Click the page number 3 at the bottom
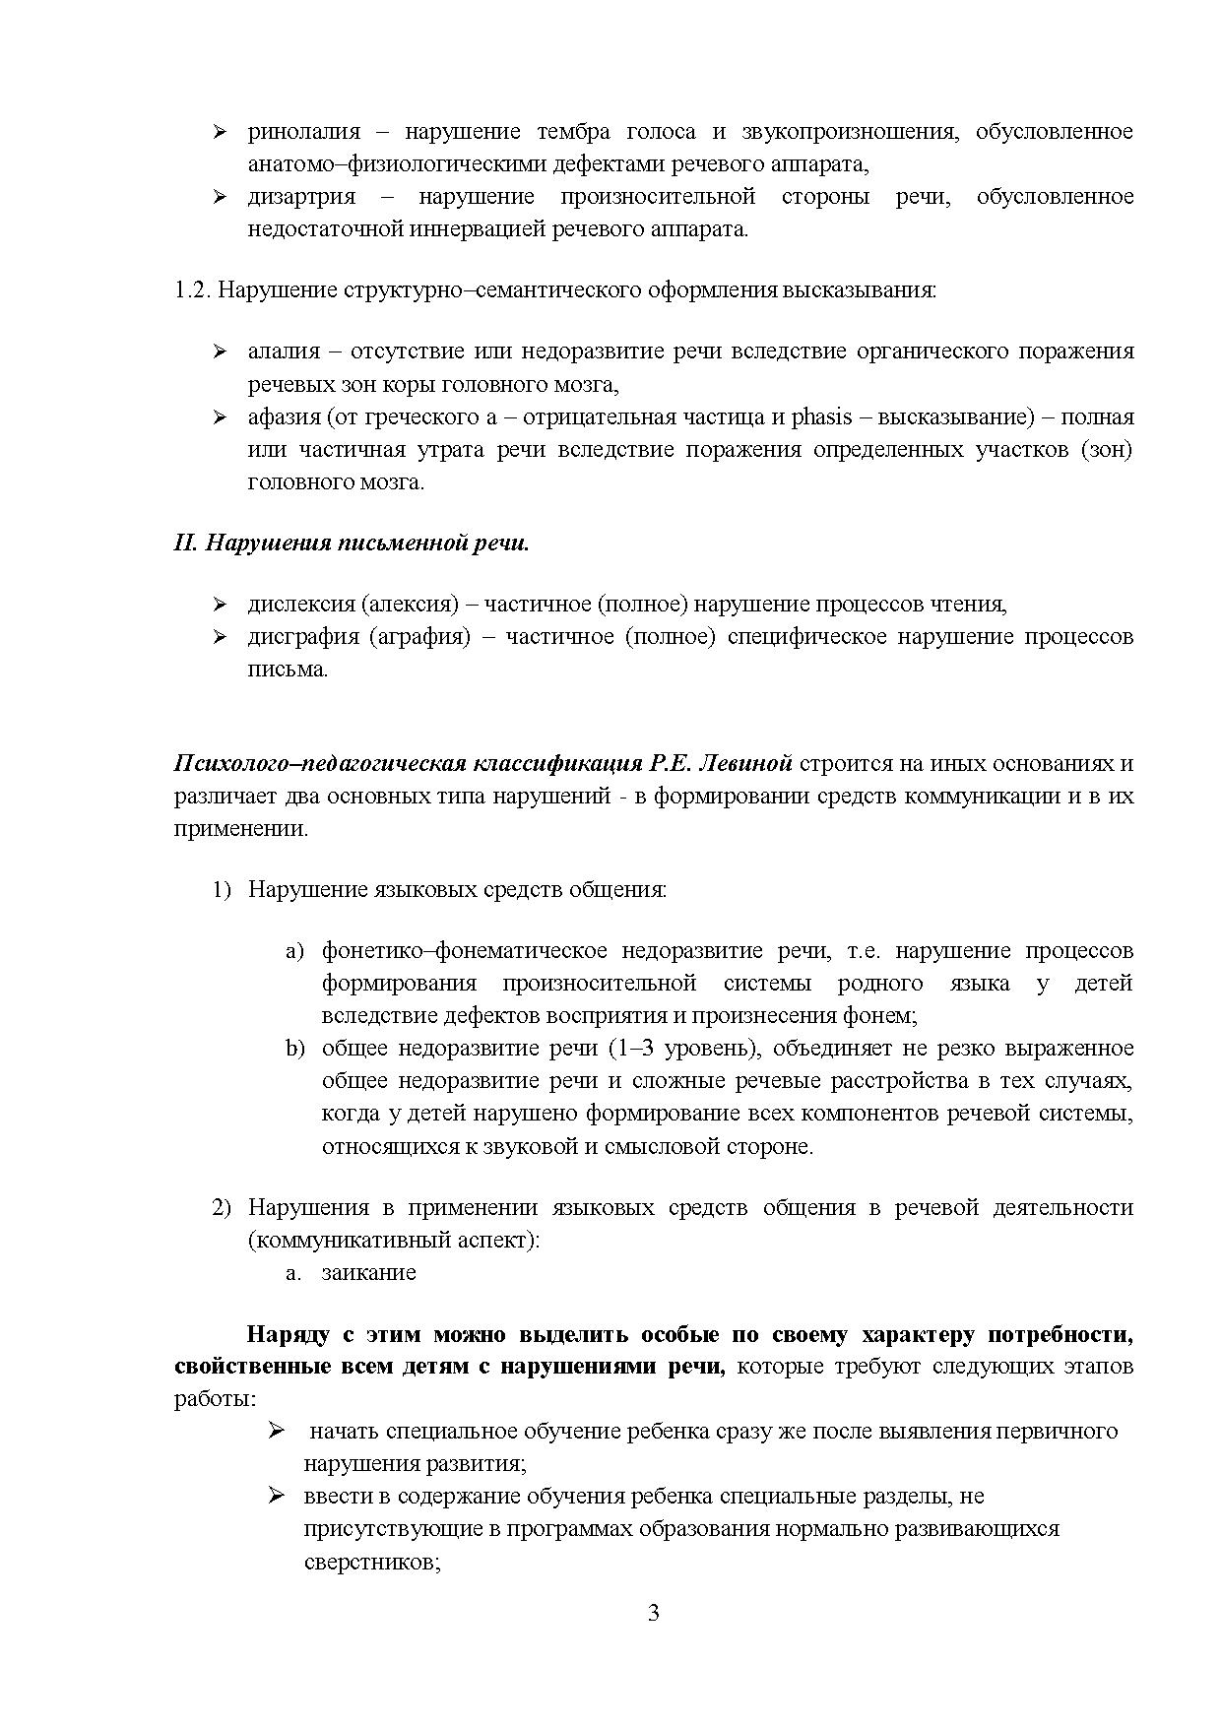pyautogui.click(x=654, y=1614)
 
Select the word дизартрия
pyautogui.click(x=301, y=197)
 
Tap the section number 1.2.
pyautogui.click(x=191, y=290)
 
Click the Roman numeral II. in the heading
pyautogui.click(x=186, y=544)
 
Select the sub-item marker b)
pyautogui.click(x=295, y=1049)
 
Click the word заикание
pyautogui.click(x=368, y=1273)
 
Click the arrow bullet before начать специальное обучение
pyautogui.click(x=277, y=1431)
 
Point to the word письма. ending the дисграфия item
pyautogui.click(x=287, y=670)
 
